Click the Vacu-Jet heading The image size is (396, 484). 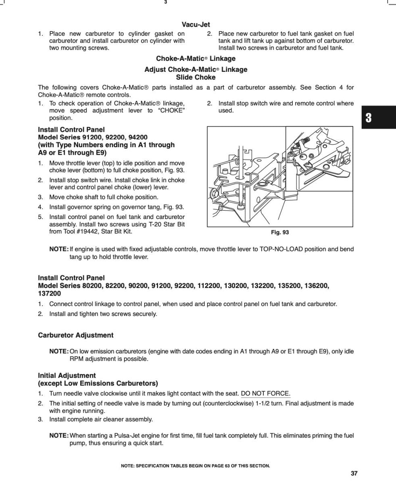pos(196,25)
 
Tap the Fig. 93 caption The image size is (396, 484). pos(280,232)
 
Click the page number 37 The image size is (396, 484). pos(354,474)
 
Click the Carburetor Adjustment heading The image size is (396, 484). pos(75,335)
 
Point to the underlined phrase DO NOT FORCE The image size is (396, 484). pos(265,394)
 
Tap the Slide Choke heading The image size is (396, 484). pos(196,77)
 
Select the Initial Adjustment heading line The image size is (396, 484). pos(67,376)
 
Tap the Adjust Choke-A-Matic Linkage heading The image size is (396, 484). pos(196,69)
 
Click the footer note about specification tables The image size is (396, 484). pos(195,466)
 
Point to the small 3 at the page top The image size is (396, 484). pos(165,2)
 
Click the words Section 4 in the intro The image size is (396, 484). pos(330,88)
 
